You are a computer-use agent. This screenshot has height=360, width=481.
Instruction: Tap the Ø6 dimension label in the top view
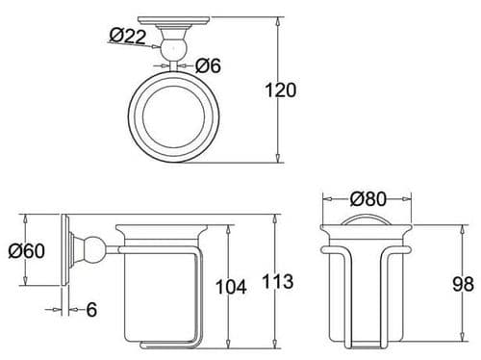tap(211, 66)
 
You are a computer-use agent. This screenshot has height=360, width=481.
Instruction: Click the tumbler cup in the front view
tap(367, 284)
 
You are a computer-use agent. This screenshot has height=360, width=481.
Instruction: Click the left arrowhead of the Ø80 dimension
tap(324, 200)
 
